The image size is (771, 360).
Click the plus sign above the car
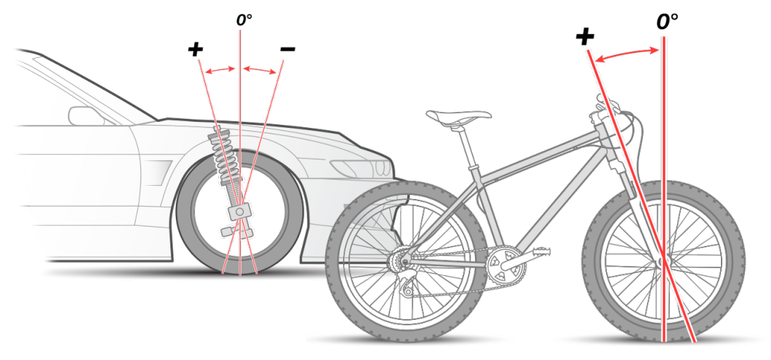click(196, 50)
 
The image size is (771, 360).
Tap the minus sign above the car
click(287, 50)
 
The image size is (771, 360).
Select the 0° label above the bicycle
click(667, 22)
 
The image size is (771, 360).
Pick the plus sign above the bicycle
click(584, 37)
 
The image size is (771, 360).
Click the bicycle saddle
click(458, 116)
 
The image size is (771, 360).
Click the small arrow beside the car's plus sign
click(221, 70)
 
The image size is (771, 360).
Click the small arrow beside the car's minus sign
click(260, 70)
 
